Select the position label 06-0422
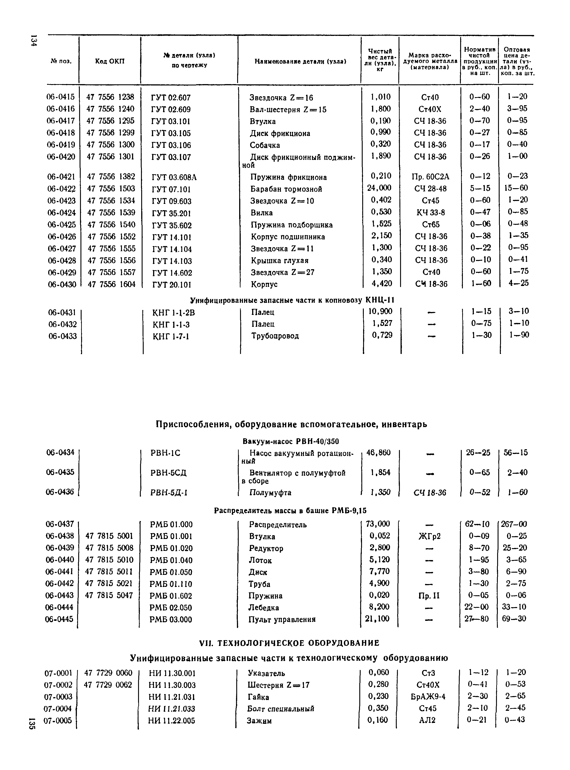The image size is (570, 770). (61, 189)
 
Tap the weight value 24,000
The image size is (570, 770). (379, 188)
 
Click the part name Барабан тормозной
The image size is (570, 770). (286, 189)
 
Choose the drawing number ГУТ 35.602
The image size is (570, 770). (171, 225)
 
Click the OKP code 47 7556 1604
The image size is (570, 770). (111, 284)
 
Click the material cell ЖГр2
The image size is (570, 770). (429, 536)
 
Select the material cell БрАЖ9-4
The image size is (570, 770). (428, 697)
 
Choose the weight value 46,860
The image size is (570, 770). (379, 452)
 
